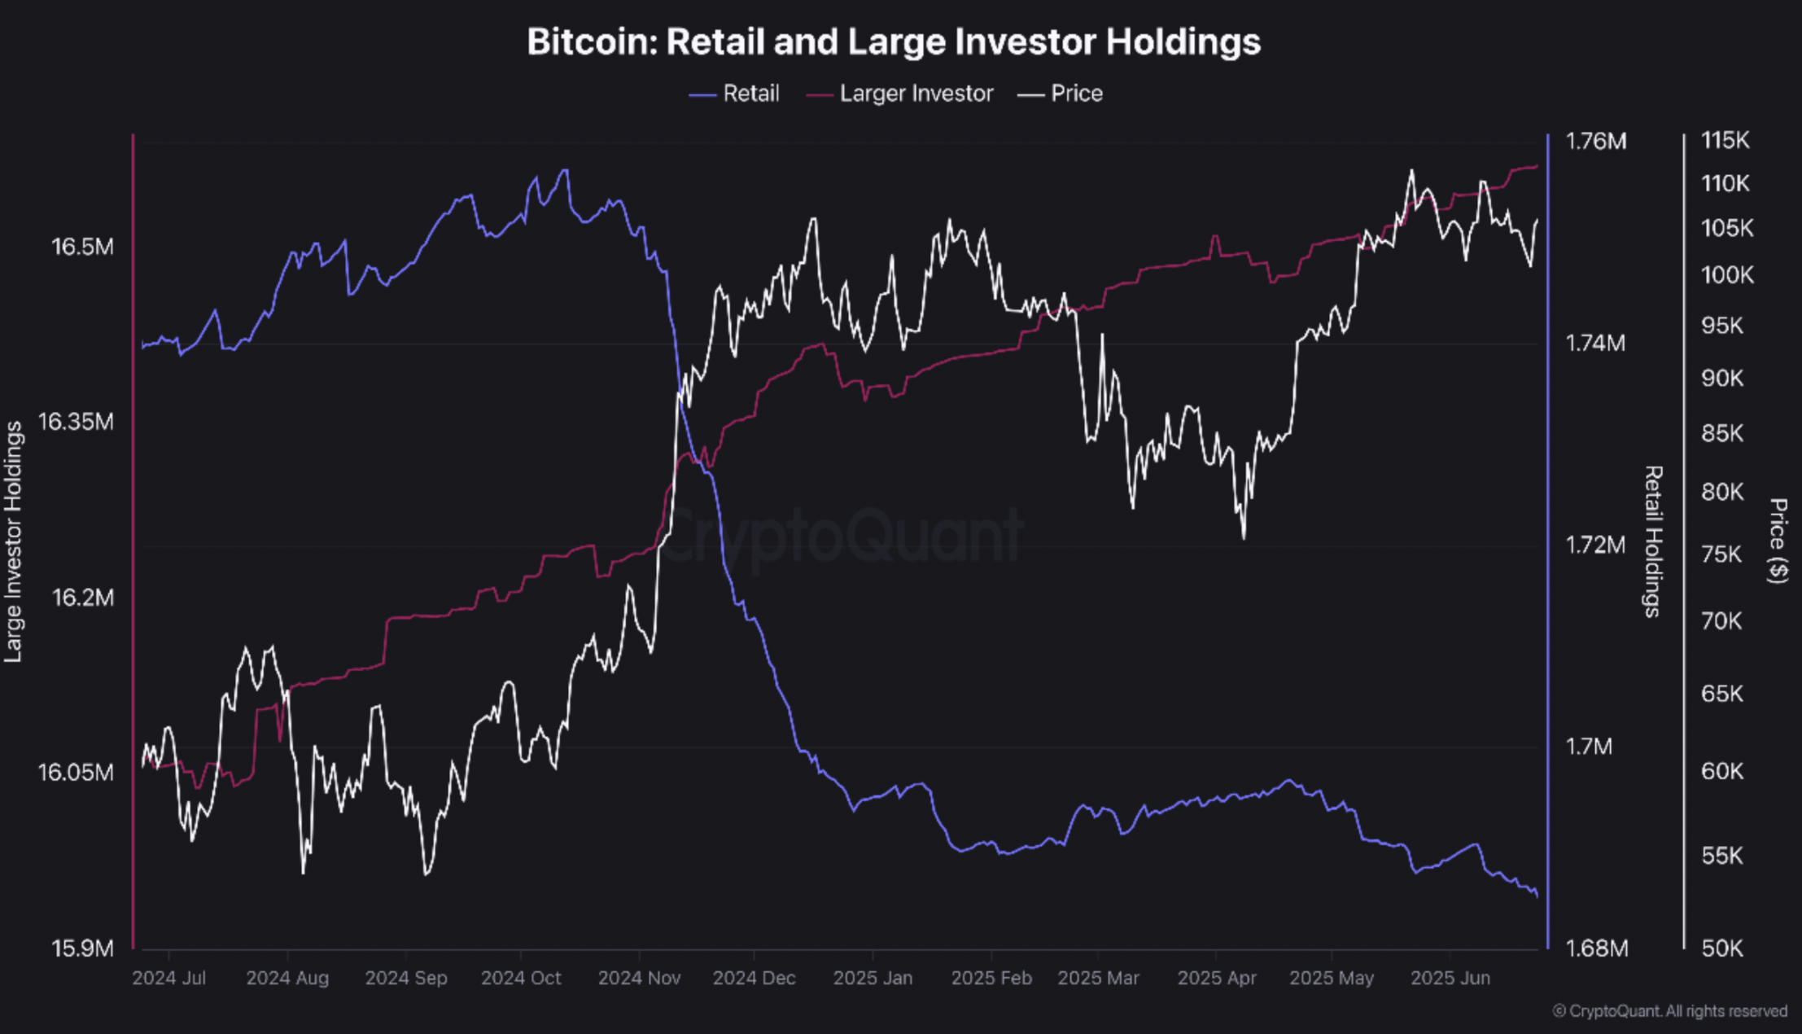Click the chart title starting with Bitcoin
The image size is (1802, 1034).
pyautogui.click(x=893, y=42)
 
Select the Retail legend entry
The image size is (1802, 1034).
pyautogui.click(x=735, y=94)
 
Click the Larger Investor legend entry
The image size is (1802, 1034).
pyautogui.click(x=900, y=94)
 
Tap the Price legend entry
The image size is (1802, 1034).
pyautogui.click(x=1061, y=94)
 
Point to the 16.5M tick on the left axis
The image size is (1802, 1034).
pyautogui.click(x=82, y=247)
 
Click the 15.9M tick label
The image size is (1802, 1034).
pyautogui.click(x=82, y=949)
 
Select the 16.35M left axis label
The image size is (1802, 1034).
pyautogui.click(x=76, y=422)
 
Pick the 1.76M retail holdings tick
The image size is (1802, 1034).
pyautogui.click(x=1595, y=142)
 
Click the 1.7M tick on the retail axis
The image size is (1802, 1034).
pyautogui.click(x=1589, y=747)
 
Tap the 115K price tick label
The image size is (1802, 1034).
pyautogui.click(x=1725, y=141)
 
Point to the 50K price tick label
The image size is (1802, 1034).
pyautogui.click(x=1721, y=949)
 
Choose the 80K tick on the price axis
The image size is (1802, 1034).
pyautogui.click(x=1721, y=493)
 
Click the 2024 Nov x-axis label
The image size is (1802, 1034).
pyautogui.click(x=639, y=978)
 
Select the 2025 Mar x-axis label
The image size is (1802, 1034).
pyautogui.click(x=1098, y=978)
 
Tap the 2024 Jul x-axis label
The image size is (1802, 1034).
pyautogui.click(x=168, y=978)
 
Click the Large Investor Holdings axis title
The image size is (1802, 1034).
pyautogui.click(x=13, y=541)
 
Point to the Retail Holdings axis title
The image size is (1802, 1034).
pyautogui.click(x=1652, y=541)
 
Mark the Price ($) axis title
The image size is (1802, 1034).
pyautogui.click(x=1778, y=541)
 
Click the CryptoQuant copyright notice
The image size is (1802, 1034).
pyautogui.click(x=1669, y=1011)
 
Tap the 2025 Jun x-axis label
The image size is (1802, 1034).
pyautogui.click(x=1450, y=978)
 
